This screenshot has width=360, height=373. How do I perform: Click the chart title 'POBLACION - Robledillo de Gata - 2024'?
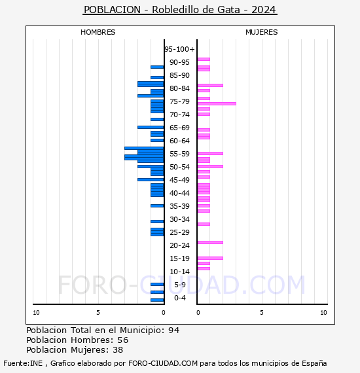click(180, 10)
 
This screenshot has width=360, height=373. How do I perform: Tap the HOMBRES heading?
click(98, 32)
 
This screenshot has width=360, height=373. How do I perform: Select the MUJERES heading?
click(262, 32)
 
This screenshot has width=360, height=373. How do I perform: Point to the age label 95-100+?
click(179, 49)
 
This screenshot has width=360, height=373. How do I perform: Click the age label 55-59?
click(179, 154)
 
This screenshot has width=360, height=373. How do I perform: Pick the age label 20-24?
click(179, 245)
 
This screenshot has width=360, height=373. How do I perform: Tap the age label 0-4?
click(179, 298)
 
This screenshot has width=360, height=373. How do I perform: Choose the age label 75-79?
click(179, 101)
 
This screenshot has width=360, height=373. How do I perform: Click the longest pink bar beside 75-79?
click(217, 103)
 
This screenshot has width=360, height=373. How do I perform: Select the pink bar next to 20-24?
click(210, 242)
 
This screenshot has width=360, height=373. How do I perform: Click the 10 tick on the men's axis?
click(36, 313)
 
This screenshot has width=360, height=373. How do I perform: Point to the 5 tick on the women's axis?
click(262, 313)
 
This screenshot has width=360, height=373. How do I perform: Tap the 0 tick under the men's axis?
click(164, 313)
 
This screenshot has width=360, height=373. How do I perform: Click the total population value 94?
click(173, 330)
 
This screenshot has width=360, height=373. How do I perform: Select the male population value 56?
click(123, 340)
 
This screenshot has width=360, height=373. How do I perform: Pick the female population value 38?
click(118, 349)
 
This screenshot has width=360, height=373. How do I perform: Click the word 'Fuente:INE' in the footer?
click(23, 363)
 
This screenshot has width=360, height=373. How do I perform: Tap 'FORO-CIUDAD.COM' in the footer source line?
click(163, 363)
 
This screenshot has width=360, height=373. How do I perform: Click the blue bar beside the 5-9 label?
click(157, 284)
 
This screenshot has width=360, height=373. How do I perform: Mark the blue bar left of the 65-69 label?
click(151, 127)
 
